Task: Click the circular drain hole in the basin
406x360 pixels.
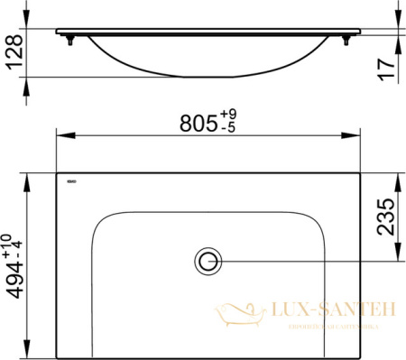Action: [x=208, y=262]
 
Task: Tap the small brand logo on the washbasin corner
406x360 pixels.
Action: [x=72, y=180]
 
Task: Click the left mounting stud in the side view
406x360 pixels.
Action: [x=69, y=40]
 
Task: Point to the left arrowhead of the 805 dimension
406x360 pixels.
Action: [x=61, y=136]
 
